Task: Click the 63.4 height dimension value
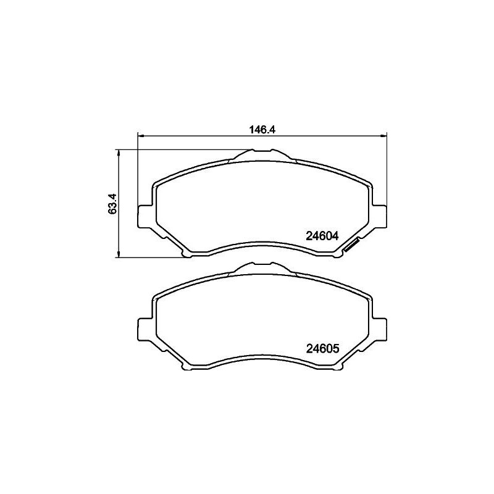click(x=112, y=204)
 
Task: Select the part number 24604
click(x=322, y=235)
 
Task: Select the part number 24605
click(x=322, y=348)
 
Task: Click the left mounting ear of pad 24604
click(x=143, y=216)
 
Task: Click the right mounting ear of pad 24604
click(x=379, y=216)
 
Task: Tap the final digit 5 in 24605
click(x=336, y=348)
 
